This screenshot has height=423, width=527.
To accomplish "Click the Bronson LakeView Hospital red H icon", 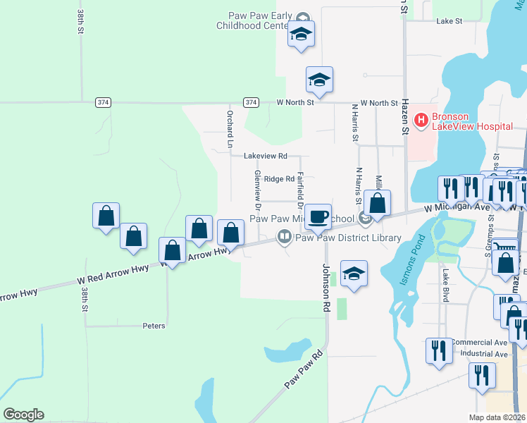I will pos(421,121).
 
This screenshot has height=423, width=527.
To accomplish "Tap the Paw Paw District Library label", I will pos(347,238).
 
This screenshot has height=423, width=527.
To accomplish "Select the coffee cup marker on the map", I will pos(318,217).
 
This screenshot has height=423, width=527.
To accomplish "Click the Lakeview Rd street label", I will pos(266,156).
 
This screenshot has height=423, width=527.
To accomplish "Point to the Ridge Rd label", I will pos(278,179).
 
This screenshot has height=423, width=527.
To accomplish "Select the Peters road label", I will pos(154,326).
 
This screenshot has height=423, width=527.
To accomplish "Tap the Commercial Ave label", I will pos(481,342).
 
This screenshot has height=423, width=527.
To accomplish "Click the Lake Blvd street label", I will pos(445,286).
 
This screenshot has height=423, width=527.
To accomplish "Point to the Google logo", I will pos(23,415).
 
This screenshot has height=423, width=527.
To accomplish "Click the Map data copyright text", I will pos(497,417).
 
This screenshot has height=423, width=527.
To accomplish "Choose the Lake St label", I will pos(449,21).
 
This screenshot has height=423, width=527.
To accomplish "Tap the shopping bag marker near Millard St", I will pos(378,205).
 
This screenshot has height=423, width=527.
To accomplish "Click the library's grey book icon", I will pos(285,237).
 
